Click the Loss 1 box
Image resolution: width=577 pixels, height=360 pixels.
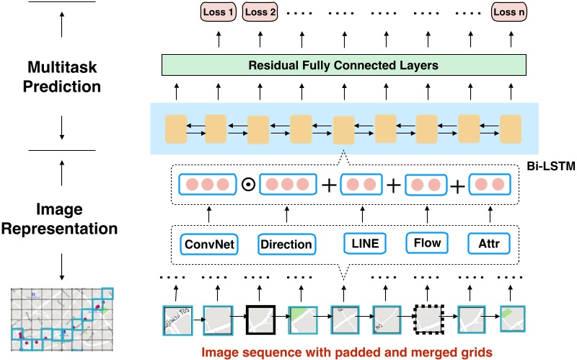tap(219, 12)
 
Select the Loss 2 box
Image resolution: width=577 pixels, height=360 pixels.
tap(260, 12)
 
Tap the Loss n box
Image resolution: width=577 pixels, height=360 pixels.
tap(509, 12)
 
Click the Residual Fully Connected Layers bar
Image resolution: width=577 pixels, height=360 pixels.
tap(343, 66)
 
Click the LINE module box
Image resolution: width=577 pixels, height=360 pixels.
tap(366, 242)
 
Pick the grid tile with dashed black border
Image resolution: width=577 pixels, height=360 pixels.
tap(426, 318)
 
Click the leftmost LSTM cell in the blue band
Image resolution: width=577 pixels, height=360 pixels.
tap(175, 128)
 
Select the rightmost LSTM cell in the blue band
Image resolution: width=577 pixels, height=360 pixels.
tap(510, 128)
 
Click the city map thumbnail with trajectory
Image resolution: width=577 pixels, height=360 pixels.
tap(63, 321)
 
